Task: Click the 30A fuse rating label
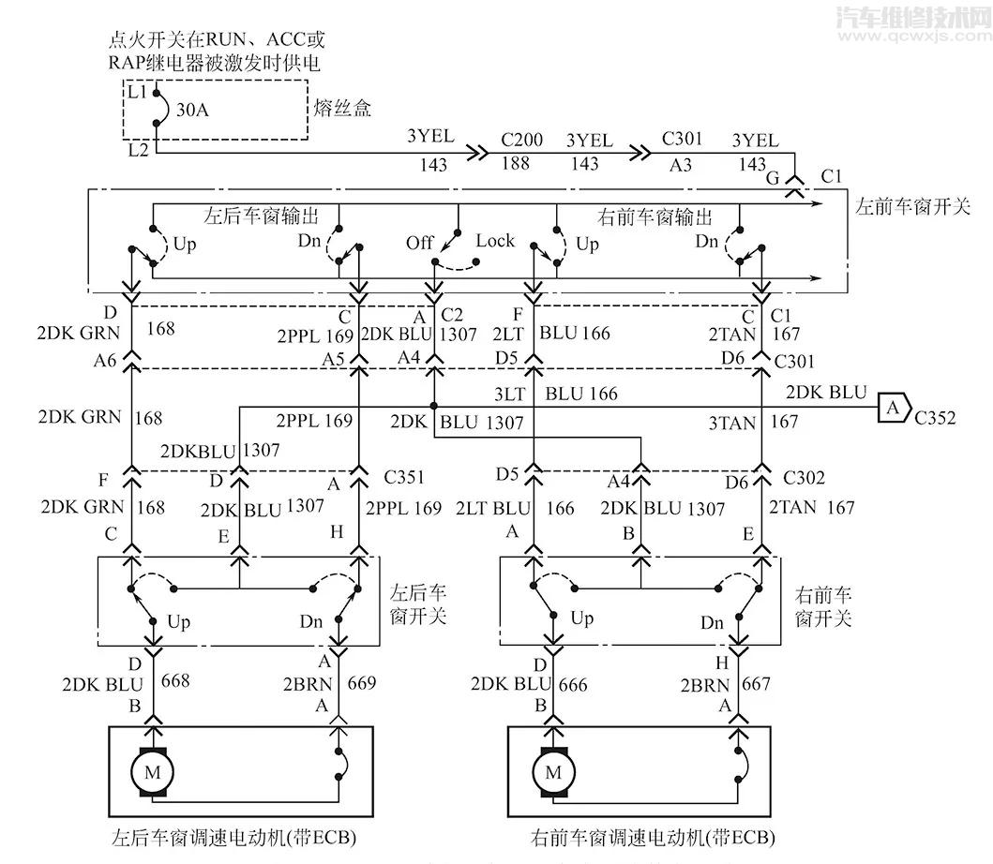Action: coord(192,110)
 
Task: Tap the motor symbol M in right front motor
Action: coord(553,773)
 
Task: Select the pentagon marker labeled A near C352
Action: coord(893,408)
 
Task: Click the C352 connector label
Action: coord(935,418)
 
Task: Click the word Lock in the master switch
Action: coord(495,241)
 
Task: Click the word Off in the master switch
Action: coord(419,243)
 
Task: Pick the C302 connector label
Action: coord(804,478)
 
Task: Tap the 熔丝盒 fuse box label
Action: coord(343,109)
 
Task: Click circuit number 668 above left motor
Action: coord(175,681)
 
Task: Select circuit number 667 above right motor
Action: coord(757,685)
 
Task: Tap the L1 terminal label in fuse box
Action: coord(136,91)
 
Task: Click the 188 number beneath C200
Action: coord(517,163)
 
